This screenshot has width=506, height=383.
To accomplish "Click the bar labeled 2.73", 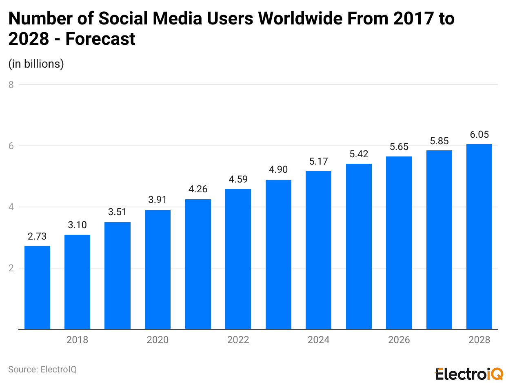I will pos(37,287).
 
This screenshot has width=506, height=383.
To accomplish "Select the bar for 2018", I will pos(77,282).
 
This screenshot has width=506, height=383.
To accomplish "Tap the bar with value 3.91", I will pos(158,269).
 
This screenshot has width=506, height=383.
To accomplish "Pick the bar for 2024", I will pos(318,250).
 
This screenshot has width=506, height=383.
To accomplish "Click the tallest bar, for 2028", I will pos(479,236).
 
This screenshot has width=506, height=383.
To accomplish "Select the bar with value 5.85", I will pos(439,240).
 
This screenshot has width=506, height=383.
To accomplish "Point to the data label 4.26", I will pos(198,189).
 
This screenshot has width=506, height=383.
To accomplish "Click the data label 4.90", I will pos(278,169).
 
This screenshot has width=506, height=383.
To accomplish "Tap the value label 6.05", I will pos(479,134).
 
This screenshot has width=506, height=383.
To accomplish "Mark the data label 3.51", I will pos(118,212).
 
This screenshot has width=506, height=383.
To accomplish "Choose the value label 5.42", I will pos(359,154).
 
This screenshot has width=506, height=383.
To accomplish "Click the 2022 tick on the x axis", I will pos(238,340).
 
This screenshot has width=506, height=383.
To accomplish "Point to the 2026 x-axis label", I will pos(399,340).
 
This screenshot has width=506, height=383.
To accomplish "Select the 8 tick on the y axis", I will pos(11,85).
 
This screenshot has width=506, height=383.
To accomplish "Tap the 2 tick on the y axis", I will pos(11,268).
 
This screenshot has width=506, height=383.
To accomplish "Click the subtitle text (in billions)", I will pos(36,64).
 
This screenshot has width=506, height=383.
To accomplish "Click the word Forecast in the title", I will pos(100,39).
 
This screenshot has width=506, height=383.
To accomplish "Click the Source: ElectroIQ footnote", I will pos(42,369).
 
